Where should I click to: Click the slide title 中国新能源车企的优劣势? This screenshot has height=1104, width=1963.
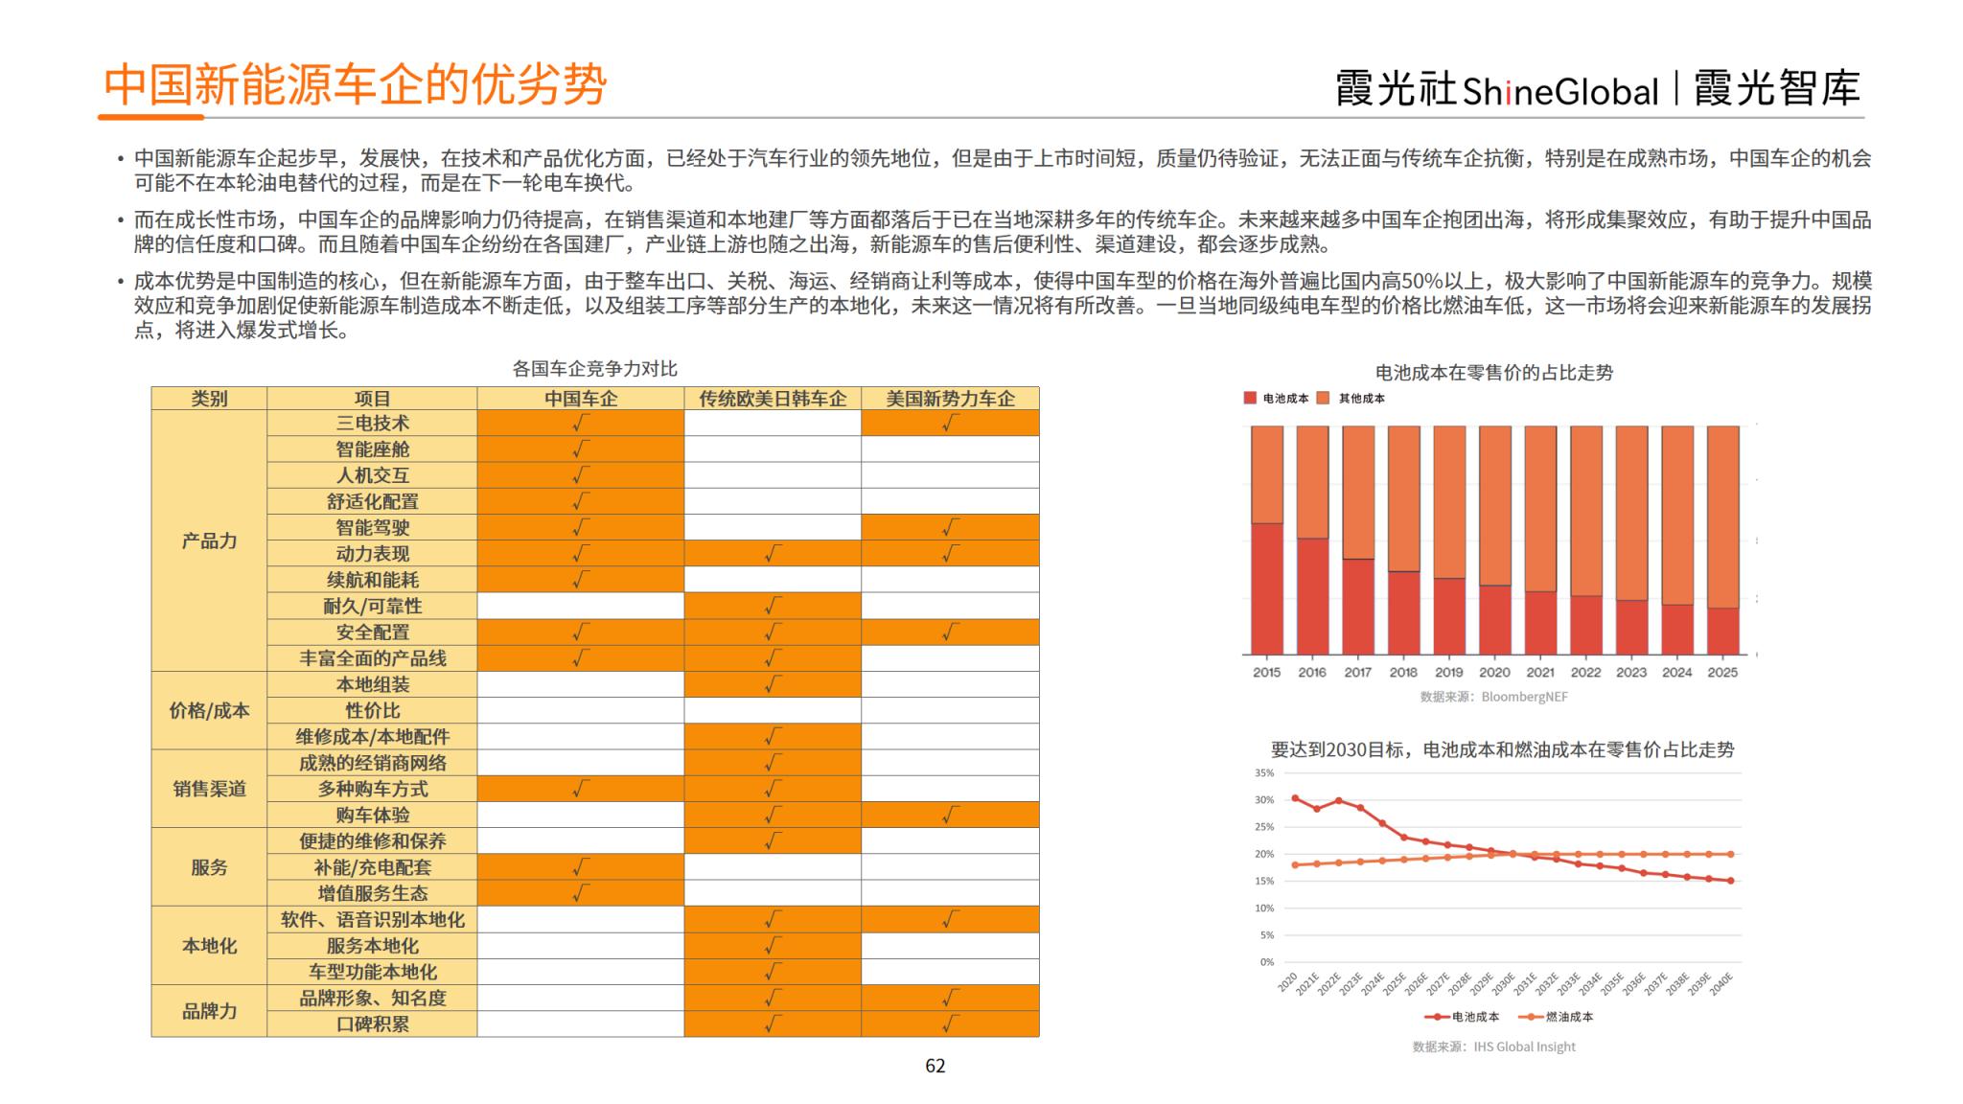pos(355,84)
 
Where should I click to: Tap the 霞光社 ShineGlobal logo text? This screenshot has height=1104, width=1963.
pos(1496,90)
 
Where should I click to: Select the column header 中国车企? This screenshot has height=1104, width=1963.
pos(581,399)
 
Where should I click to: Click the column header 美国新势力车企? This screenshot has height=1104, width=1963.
pos(950,399)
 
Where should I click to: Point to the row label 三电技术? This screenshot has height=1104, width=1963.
pos(372,424)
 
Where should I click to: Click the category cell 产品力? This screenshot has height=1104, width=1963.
pos(209,540)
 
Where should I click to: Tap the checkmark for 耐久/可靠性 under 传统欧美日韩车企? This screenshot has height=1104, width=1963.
pos(773,606)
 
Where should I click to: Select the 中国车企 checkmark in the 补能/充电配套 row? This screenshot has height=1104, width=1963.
pos(581,867)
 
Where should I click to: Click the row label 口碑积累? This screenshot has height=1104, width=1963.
pos(372,1024)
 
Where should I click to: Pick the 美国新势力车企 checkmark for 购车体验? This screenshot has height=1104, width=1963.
pos(950,816)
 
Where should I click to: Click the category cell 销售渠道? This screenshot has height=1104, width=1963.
pos(209,789)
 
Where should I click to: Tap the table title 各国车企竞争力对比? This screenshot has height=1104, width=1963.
pos(594,369)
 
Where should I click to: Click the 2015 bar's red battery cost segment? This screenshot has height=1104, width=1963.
pos(1266,588)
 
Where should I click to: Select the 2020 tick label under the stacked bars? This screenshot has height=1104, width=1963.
pos(1493,673)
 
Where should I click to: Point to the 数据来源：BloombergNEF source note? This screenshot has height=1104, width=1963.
pos(1493,697)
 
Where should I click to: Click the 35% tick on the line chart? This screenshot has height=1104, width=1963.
pos(1264,773)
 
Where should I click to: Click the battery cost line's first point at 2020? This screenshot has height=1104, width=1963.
pos(1295,798)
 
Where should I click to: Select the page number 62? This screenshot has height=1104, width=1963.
pos(935,1066)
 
